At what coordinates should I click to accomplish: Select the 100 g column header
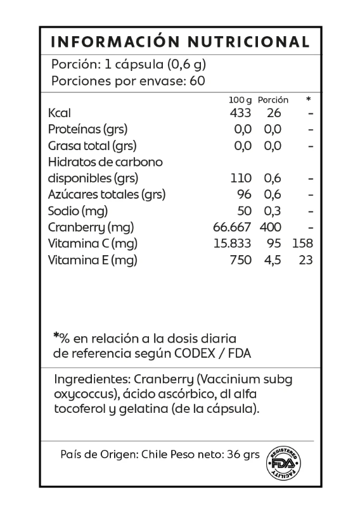[240, 100]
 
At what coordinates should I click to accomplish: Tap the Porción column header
[273, 100]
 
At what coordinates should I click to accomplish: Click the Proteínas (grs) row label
[87, 129]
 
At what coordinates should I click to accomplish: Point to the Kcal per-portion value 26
[274, 113]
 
